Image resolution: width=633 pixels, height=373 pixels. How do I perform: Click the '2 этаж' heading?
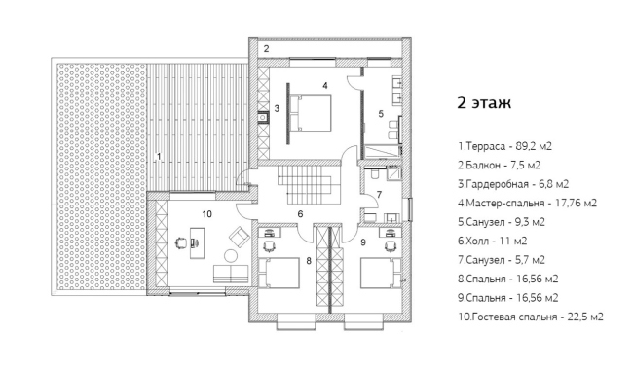click(x=484, y=103)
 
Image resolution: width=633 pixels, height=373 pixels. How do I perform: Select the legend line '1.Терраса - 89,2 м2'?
click(x=504, y=146)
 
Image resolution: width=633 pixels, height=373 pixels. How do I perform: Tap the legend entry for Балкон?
click(x=499, y=165)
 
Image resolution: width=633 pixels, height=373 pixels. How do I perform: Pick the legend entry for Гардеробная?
click(x=513, y=184)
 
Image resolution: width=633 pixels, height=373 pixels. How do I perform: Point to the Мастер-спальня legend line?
click(x=527, y=203)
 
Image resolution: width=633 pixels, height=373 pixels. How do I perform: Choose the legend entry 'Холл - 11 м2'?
click(x=492, y=241)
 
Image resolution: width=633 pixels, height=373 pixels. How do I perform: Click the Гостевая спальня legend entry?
click(x=531, y=317)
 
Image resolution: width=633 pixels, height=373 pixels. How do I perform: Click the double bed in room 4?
click(x=310, y=113)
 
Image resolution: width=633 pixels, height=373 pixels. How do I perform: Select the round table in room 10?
click(x=231, y=256)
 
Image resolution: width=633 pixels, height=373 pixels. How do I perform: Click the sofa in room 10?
click(x=231, y=274)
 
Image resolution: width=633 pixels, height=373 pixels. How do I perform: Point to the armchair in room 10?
click(x=239, y=237)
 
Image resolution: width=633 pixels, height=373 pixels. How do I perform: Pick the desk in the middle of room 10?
click(x=197, y=242)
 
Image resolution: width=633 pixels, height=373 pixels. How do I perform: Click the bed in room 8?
click(x=279, y=274)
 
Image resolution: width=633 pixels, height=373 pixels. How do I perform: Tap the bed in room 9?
click(x=381, y=274)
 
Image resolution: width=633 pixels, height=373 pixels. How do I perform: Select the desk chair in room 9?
click(x=390, y=245)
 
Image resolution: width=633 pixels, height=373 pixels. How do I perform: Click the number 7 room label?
click(x=379, y=195)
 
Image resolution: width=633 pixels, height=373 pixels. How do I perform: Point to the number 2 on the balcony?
click(x=266, y=49)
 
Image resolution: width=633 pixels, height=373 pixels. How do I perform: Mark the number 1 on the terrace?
click(x=159, y=156)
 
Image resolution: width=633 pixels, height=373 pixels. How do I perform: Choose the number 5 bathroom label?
click(x=381, y=114)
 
